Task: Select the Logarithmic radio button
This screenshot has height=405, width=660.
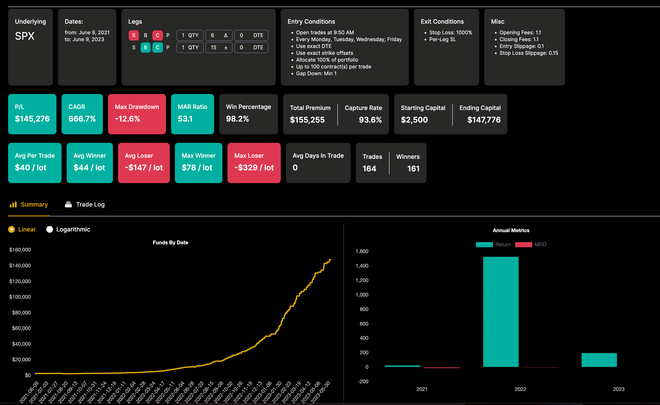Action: tap(50, 229)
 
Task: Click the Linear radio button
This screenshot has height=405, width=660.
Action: tap(12, 229)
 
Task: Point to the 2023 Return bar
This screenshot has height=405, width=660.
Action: tap(599, 360)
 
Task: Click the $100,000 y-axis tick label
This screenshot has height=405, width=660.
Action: tap(20, 297)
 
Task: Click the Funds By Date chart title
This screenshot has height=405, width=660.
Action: tap(170, 243)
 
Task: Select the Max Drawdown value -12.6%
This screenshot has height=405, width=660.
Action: tap(127, 119)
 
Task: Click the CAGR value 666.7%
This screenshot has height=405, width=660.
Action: tap(82, 119)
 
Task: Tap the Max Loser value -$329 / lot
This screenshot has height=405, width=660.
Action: tap(254, 168)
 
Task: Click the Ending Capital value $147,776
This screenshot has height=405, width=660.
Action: tap(484, 120)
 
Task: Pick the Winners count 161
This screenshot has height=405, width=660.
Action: tap(413, 169)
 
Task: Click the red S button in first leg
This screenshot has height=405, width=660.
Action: tap(134, 35)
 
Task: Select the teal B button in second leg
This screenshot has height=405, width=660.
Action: tap(146, 48)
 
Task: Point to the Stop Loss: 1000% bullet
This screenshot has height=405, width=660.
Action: tap(451, 32)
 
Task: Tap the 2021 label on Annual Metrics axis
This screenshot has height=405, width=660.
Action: tap(422, 389)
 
